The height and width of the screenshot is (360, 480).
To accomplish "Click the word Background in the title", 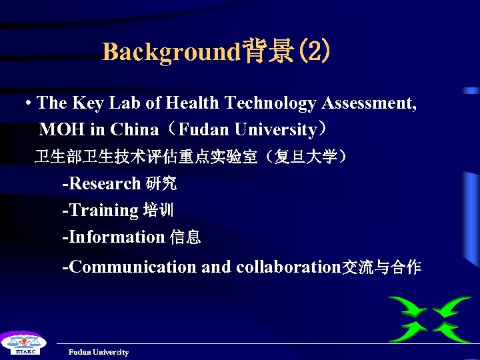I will pyautogui.click(x=170, y=51).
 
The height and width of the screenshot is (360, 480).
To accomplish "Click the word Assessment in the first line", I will pyautogui.click(x=369, y=103).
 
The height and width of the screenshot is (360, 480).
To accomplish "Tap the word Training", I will pyautogui.click(x=101, y=210).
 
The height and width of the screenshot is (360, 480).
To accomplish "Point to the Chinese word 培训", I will pyautogui.click(x=158, y=211).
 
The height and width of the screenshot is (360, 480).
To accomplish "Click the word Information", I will pyautogui.click(x=115, y=237).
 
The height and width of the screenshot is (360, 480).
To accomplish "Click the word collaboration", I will pyautogui.click(x=288, y=267).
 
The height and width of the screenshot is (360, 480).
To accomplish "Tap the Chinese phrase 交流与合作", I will pyautogui.click(x=381, y=267).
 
